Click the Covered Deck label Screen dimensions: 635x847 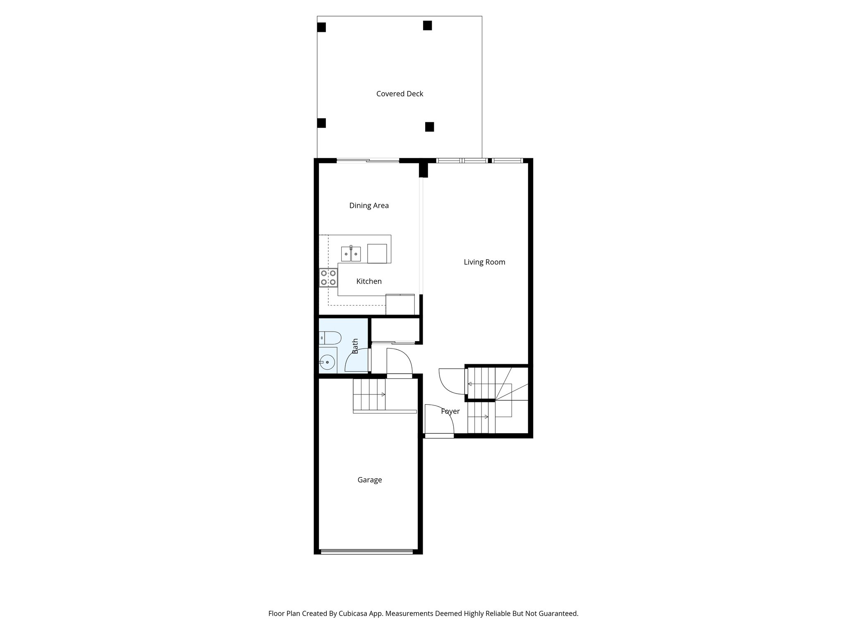[400, 94]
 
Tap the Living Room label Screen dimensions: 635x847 [484, 262]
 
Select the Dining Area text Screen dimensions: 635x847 [369, 205]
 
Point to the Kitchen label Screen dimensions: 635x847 [369, 282]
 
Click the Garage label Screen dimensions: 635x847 [369, 480]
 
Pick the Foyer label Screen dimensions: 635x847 [450, 411]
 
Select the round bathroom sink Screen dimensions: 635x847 [328, 363]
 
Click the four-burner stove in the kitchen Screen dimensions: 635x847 [328, 278]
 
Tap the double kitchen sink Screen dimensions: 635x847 [351, 254]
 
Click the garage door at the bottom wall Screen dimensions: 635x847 [367, 551]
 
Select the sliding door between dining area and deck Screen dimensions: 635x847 [368, 160]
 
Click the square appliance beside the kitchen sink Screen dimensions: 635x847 [377, 253]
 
